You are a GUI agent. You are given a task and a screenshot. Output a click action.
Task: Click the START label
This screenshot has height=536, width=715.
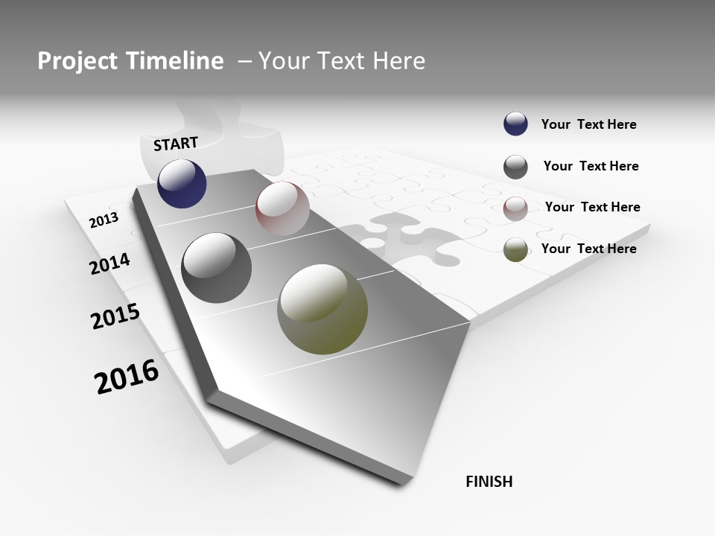click(176, 144)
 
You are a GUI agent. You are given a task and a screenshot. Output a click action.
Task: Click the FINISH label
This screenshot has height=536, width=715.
click(489, 482)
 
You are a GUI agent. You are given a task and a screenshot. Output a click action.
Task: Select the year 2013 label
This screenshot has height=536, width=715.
click(104, 220)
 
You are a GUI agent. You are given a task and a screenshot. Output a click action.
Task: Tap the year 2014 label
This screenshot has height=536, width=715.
click(109, 264)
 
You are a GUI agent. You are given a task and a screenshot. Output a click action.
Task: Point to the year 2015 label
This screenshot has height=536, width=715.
click(115, 317)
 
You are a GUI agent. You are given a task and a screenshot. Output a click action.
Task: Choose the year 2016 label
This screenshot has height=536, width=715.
click(127, 377)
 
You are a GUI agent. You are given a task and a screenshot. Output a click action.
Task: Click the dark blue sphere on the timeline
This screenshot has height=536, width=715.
click(182, 183)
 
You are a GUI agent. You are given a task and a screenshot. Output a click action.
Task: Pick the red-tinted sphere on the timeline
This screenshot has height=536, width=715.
click(282, 208)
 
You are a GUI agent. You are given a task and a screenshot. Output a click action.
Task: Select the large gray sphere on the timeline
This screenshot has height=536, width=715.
click(217, 268)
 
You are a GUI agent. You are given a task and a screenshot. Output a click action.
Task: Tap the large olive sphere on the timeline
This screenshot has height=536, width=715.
click(322, 309)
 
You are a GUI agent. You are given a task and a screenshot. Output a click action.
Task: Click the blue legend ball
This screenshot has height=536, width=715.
click(515, 124)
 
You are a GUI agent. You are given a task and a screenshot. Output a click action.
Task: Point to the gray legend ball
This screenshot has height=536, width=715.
click(515, 167)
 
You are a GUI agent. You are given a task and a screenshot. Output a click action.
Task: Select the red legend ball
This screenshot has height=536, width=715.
click(515, 208)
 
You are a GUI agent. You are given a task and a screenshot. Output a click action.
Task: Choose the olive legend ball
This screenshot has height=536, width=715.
click(515, 249)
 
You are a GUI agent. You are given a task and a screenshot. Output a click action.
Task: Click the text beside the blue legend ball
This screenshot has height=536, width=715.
click(588, 124)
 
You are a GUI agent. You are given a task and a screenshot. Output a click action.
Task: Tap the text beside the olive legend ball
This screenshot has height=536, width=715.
click(588, 249)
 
